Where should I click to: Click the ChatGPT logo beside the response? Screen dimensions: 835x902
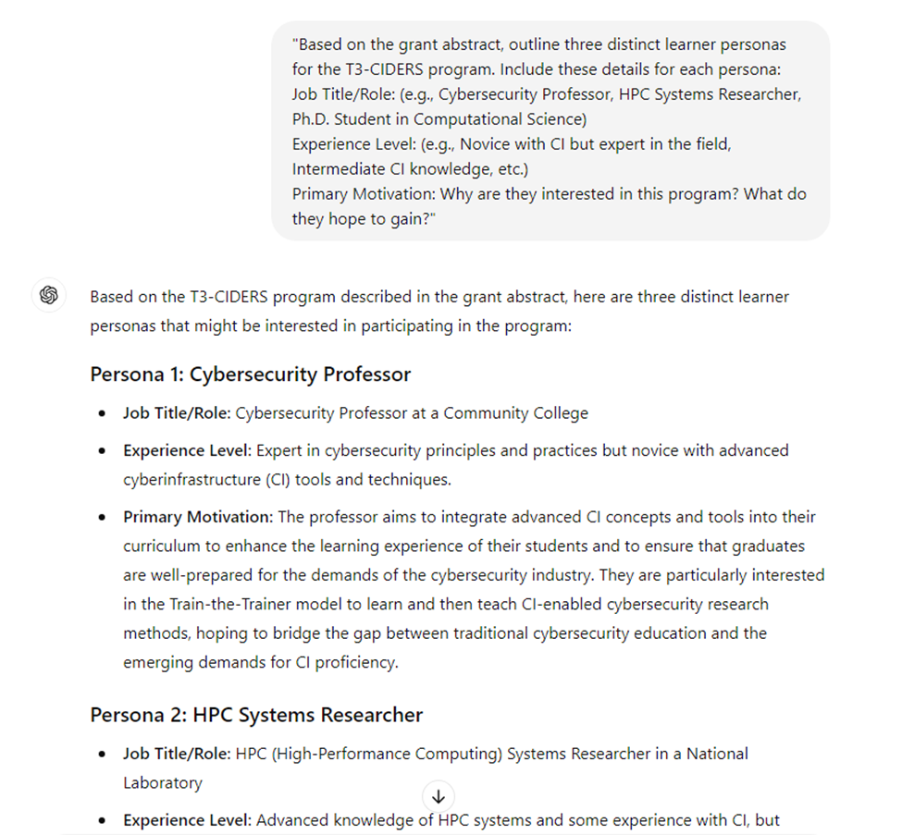pos(49,296)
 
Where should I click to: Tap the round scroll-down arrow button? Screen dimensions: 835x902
pos(439,796)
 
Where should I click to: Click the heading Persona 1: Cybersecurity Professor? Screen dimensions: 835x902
pos(250,375)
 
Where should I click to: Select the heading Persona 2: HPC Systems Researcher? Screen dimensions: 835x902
pos(256,715)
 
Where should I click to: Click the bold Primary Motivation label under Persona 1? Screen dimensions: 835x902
pos(197,516)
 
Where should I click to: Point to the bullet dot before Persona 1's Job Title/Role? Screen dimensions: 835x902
pos(102,413)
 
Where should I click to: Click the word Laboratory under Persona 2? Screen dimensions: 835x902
pos(162,782)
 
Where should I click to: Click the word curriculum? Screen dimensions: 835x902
pos(163,546)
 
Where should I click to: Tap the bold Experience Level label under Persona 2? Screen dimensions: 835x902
pos(187,820)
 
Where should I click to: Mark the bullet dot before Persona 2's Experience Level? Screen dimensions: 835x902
pos(102,820)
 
